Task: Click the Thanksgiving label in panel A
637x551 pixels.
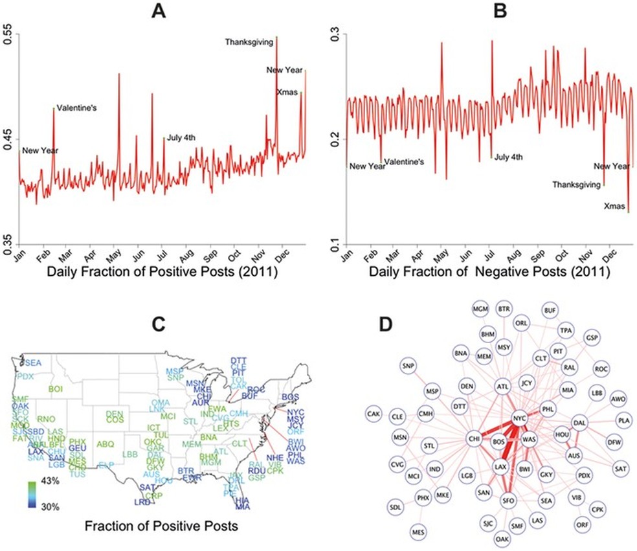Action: point(249,42)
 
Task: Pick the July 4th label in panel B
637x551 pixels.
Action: point(509,157)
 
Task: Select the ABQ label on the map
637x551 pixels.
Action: point(105,445)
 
